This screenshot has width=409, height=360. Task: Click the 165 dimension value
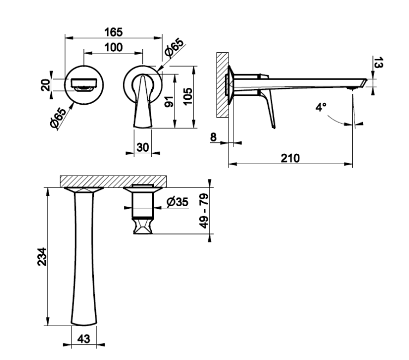[x=113, y=32]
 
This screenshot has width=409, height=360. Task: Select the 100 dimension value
[x=113, y=47]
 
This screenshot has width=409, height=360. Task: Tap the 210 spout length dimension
[x=290, y=158]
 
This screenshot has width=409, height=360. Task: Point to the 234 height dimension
[x=42, y=257]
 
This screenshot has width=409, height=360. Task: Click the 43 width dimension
[x=84, y=339]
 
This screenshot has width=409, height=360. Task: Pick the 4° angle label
[x=321, y=107]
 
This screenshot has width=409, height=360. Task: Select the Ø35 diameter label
[x=177, y=202]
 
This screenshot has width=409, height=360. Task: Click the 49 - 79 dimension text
[x=204, y=211]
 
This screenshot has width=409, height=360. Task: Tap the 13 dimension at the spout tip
[x=378, y=63]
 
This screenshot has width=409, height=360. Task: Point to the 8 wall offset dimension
[x=213, y=137]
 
